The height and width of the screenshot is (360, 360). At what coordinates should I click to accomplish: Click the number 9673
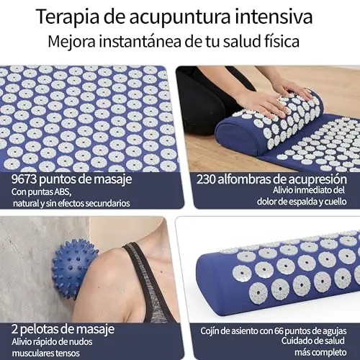(x=24, y=179)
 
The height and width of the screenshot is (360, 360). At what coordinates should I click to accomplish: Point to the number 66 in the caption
(x=279, y=331)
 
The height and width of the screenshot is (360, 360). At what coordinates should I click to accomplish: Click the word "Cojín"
(x=210, y=331)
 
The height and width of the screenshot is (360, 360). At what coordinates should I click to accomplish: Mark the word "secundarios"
(x=108, y=204)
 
